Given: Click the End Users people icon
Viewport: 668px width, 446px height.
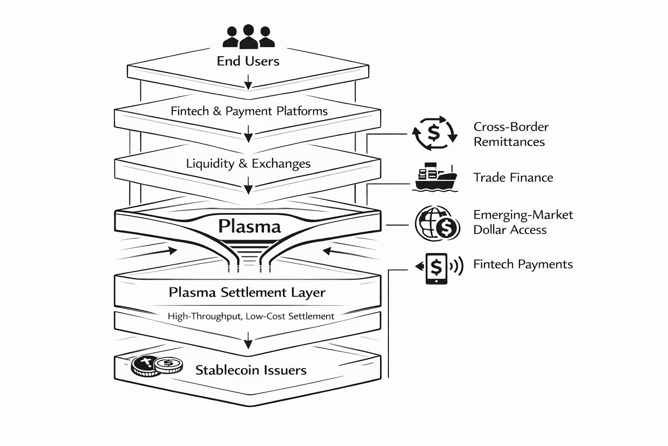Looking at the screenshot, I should coord(248,37).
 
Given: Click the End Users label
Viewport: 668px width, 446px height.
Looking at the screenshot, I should coord(248,61).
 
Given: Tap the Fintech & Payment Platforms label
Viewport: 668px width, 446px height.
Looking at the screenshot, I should coord(249,111).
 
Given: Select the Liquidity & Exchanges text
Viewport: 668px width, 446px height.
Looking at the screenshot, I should coord(248,164).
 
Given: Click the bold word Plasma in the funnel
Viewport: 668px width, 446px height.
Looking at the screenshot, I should coord(249,226).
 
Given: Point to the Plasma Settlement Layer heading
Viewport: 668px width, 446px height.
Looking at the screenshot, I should coord(247,292).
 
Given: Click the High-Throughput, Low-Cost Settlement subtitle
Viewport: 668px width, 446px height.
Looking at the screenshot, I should coord(251,316).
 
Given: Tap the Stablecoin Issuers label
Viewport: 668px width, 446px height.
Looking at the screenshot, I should coord(251,370).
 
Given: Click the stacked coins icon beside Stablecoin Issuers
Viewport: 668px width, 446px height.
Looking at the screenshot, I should coord(157,366).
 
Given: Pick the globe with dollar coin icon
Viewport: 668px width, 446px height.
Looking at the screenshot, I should coord(437,223).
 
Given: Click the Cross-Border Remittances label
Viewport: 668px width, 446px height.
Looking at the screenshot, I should coord(511,134).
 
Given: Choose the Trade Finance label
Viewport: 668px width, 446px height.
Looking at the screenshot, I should coord(513,178).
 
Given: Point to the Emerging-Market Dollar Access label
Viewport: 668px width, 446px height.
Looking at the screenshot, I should coord(523,222).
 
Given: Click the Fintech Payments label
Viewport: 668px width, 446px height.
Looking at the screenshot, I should coord(523,264).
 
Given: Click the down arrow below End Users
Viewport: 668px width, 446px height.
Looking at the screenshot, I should coord(248,82).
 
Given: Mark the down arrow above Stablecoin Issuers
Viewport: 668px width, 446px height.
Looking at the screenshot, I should coord(248,340).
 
